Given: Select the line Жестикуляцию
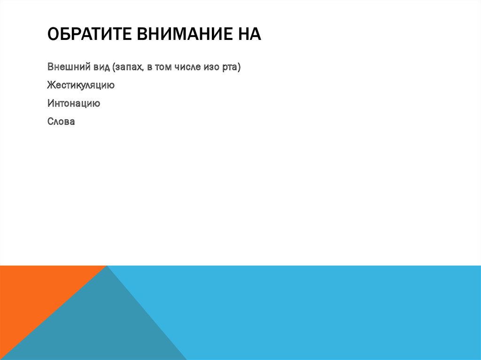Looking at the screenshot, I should click(81, 85).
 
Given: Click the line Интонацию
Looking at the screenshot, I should click(73, 103).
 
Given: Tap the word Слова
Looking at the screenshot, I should click(61, 122).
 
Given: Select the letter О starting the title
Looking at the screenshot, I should click(52, 35).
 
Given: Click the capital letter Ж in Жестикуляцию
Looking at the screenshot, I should click(51, 85).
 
